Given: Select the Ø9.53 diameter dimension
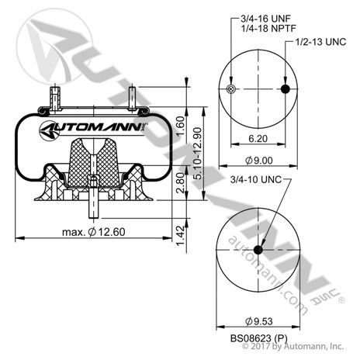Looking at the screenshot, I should [x=259, y=319].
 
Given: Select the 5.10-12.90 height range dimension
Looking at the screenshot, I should [x=199, y=153].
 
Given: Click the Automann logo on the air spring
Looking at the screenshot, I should [x=92, y=127].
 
